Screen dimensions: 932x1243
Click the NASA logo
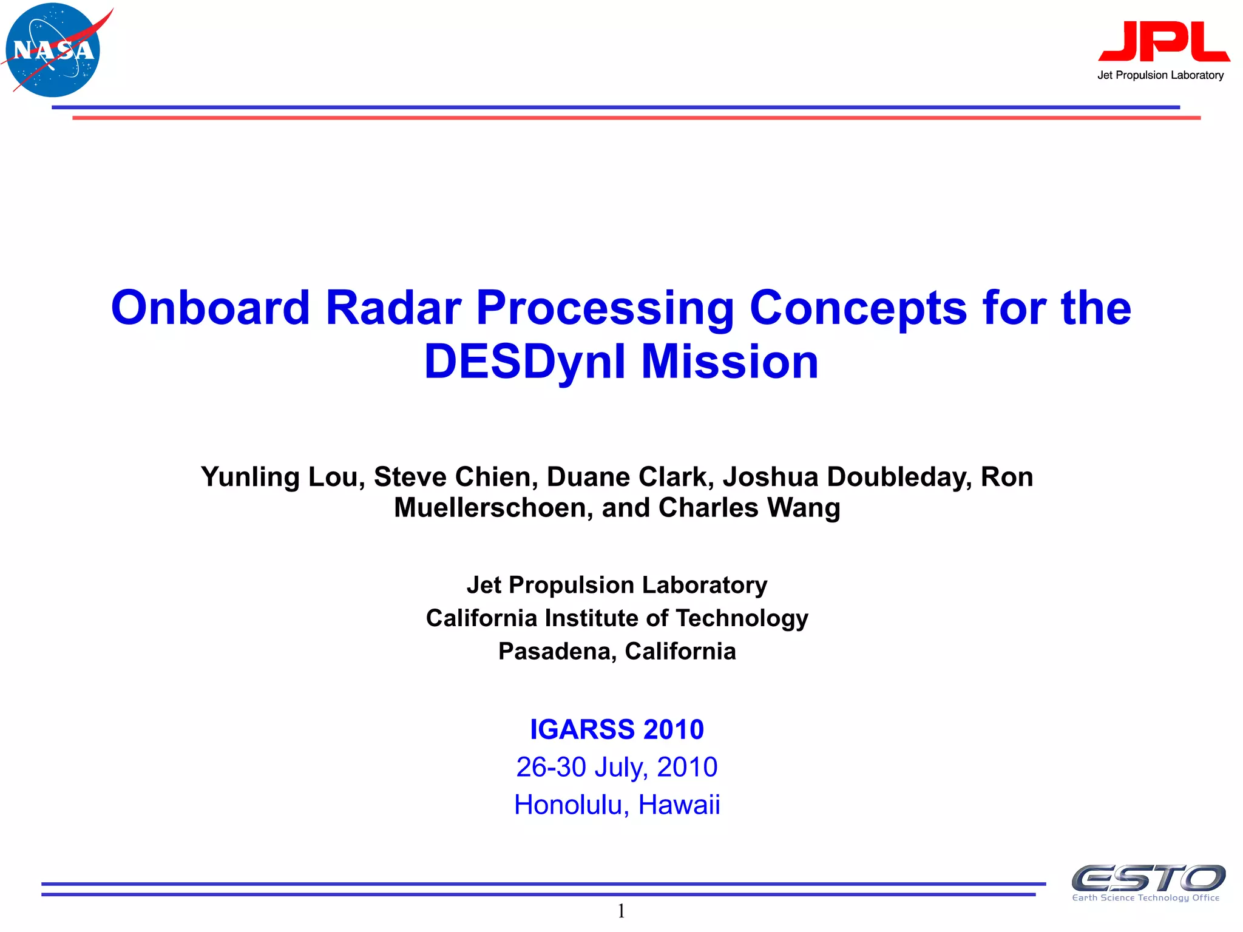pyautogui.click(x=53, y=50)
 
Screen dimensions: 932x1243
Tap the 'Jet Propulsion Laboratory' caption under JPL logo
pyautogui.click(x=1160, y=75)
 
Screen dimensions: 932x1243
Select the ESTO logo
pyautogui.click(x=1148, y=878)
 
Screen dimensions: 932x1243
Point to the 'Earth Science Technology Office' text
pyautogui.click(x=1145, y=898)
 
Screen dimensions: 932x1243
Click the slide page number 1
pyautogui.click(x=621, y=911)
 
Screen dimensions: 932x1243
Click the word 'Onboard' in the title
pyautogui.click(x=210, y=308)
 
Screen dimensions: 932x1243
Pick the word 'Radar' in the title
pyautogui.click(x=393, y=308)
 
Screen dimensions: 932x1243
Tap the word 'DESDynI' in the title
pyautogui.click(x=525, y=362)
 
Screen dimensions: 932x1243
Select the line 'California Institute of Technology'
pyautogui.click(x=617, y=618)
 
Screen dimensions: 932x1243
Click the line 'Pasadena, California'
pyautogui.click(x=617, y=651)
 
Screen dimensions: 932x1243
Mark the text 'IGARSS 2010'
pyautogui.click(x=617, y=729)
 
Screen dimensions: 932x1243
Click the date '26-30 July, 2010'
pyautogui.click(x=617, y=767)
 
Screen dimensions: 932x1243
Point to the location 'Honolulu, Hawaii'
pyautogui.click(x=617, y=805)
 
